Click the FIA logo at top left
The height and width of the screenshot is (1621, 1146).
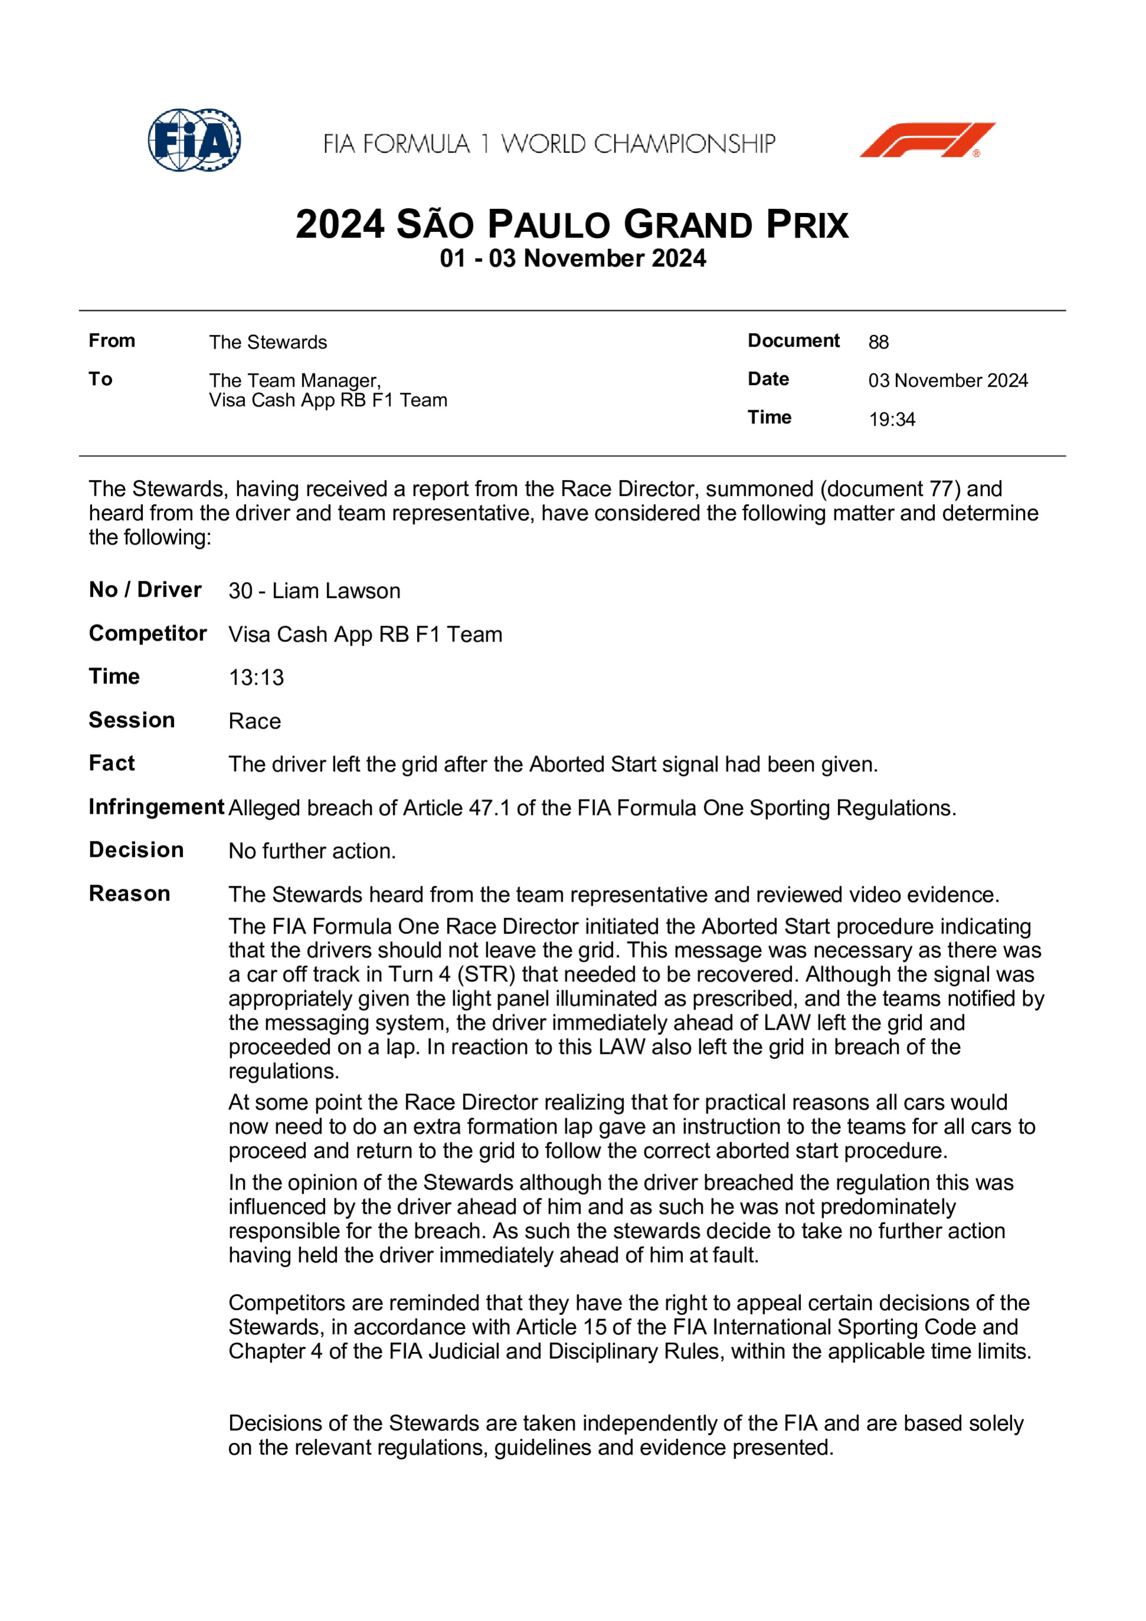point(194,140)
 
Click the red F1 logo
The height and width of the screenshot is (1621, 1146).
point(927,140)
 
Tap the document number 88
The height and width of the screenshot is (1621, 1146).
point(878,343)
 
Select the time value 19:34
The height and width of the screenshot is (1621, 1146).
point(892,419)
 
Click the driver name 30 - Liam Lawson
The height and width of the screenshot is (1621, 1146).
point(314,591)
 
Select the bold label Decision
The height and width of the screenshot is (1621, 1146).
point(136,850)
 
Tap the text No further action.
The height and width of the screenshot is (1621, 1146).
point(312,851)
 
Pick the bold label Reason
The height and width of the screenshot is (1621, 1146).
point(129,894)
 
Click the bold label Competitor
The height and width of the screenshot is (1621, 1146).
point(147,633)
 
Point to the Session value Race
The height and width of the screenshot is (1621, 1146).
point(254,722)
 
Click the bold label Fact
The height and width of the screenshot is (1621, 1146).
point(111,763)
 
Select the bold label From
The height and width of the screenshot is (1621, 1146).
point(111,341)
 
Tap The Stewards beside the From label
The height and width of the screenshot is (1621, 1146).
point(268,343)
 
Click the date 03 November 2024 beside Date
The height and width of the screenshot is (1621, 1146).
point(948,380)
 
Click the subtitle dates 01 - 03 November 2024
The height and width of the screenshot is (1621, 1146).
point(573,258)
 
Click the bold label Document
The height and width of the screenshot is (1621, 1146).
point(793,341)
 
